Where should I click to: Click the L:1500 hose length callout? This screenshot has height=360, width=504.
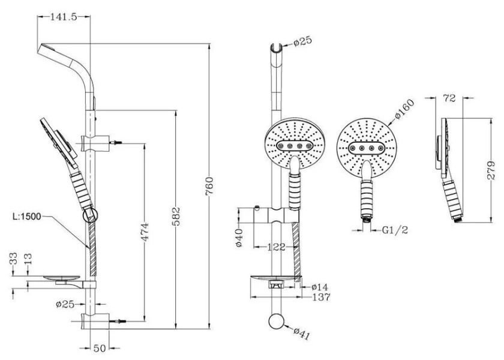tap(27, 217)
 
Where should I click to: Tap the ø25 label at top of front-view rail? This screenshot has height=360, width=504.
tap(302, 42)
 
